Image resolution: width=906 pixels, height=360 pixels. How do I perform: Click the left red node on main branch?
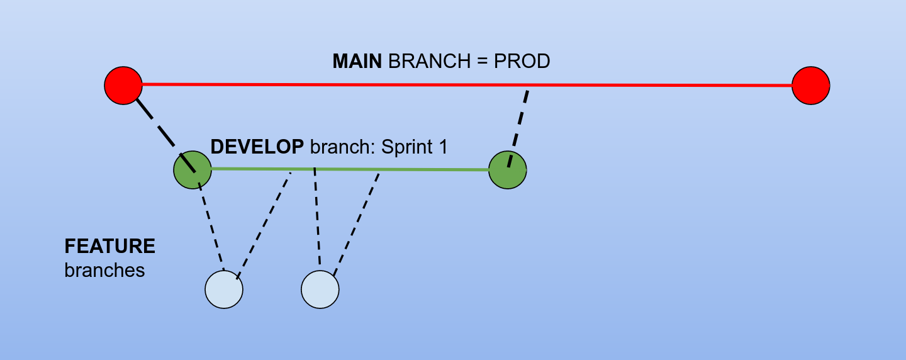(123, 85)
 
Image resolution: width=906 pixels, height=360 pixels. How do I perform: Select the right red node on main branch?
(810, 85)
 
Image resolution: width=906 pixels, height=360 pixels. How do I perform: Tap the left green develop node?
(193, 169)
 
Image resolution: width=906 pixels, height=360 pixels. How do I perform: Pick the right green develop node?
(507, 169)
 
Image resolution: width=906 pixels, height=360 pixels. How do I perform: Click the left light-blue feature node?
(224, 290)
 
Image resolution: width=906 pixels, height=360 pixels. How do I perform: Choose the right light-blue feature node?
(320, 290)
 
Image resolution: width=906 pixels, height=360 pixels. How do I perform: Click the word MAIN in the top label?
(357, 61)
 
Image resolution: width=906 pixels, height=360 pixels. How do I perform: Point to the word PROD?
(522, 61)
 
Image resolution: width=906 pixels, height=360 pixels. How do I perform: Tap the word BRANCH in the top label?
(428, 61)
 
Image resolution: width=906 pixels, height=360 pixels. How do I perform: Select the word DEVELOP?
(257, 147)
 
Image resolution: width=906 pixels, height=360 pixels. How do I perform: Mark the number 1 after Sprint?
(443, 147)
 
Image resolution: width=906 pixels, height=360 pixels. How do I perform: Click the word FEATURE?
(110, 246)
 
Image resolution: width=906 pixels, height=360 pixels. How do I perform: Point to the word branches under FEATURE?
(104, 270)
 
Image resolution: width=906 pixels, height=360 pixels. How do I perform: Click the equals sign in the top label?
(481, 61)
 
